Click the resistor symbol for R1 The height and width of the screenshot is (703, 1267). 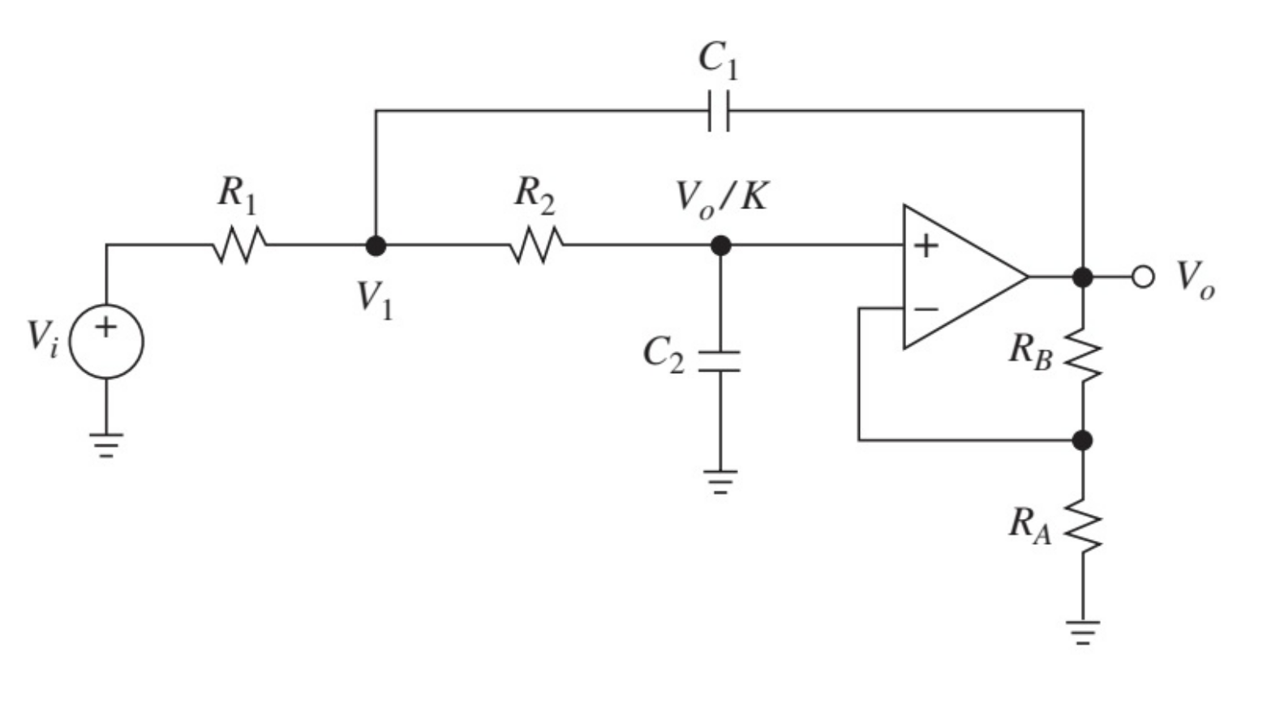[x=240, y=244]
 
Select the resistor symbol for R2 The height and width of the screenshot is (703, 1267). [x=536, y=244]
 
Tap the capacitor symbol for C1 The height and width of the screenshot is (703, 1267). [x=719, y=111]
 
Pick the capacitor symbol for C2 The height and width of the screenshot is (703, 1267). [x=719, y=362]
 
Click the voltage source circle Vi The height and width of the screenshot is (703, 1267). [x=107, y=341]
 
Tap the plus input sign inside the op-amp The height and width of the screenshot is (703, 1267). [x=926, y=245]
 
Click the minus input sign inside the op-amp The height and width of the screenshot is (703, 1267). [x=926, y=309]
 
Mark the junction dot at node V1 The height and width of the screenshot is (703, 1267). [x=376, y=245]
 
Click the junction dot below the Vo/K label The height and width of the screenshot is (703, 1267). [x=720, y=245]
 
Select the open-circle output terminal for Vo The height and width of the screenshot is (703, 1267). [x=1143, y=277]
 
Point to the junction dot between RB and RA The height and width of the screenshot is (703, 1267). [x=1082, y=440]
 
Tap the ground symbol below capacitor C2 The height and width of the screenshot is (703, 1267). [x=719, y=481]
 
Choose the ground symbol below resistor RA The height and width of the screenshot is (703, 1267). [x=1083, y=631]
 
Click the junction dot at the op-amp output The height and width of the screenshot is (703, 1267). [x=1082, y=277]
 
